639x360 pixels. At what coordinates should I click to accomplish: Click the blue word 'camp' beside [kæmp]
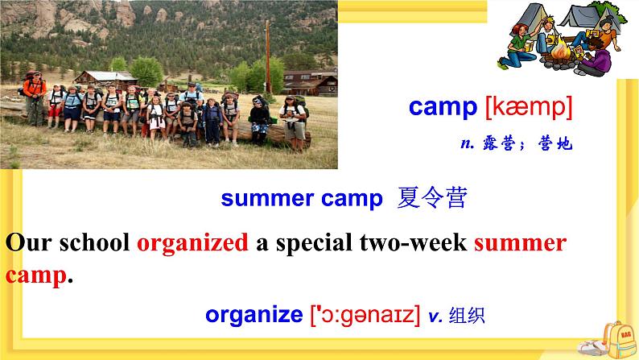[443, 107]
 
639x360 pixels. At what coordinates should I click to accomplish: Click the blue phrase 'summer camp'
[301, 199]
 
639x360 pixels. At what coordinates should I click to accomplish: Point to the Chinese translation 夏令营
[431, 199]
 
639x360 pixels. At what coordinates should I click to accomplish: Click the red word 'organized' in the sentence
[192, 242]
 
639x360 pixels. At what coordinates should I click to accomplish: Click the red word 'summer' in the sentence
[520, 242]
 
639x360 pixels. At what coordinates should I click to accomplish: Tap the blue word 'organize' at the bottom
[253, 316]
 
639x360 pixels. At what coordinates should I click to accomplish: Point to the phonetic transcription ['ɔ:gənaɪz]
[365, 316]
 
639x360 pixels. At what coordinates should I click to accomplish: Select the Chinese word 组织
[468, 316]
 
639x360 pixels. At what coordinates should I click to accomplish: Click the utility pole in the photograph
[266, 56]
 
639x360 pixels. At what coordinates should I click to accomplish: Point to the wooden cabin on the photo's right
[311, 83]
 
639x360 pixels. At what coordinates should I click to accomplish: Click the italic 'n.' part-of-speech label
[465, 144]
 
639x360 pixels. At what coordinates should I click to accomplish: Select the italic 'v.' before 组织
[435, 316]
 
